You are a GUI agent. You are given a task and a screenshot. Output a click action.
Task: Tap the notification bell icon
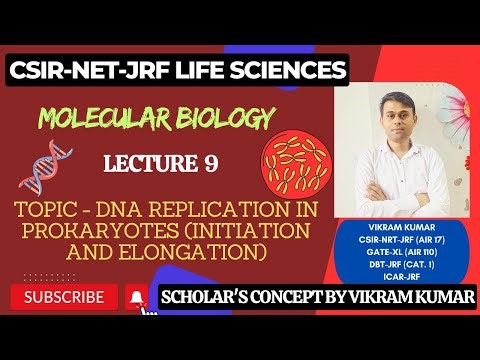(137, 297)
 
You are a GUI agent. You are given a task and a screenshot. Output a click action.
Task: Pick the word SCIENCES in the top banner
(289, 70)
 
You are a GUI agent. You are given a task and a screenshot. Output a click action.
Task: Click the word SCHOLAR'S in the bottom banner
(216, 297)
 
